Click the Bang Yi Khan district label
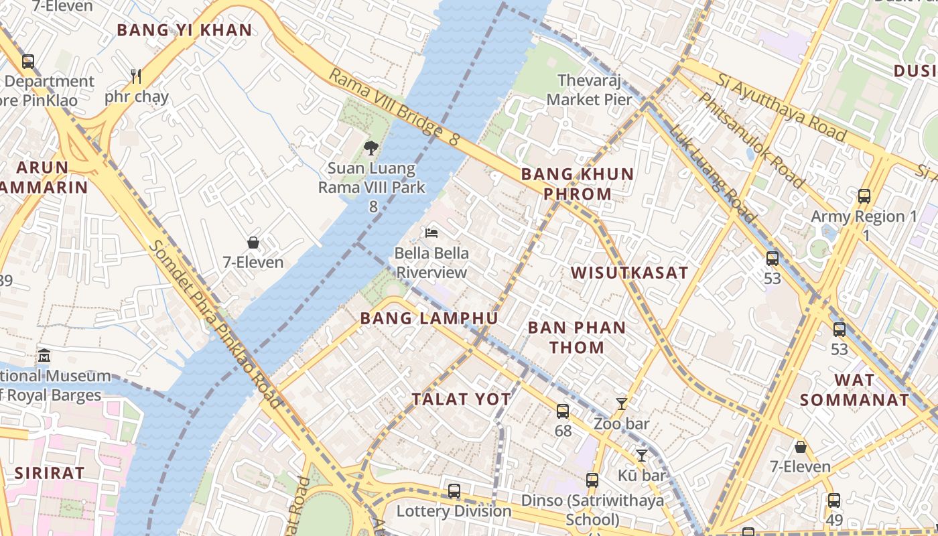tap(184, 30)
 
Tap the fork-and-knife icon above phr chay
tap(136, 76)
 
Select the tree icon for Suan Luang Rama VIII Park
tap(371, 148)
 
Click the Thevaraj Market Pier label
tap(589, 90)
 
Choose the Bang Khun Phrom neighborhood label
tap(577, 184)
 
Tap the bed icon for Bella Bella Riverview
tap(432, 233)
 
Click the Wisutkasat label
tap(629, 273)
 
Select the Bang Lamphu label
tap(429, 318)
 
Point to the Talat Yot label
tap(461, 399)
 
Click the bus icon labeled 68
tap(563, 411)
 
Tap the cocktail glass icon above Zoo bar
tap(622, 403)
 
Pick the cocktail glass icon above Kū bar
tap(642, 455)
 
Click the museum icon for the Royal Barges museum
tap(44, 355)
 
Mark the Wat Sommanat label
tap(854, 390)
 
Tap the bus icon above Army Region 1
tap(864, 196)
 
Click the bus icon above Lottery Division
tap(454, 491)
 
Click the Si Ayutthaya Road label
tap(781, 107)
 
